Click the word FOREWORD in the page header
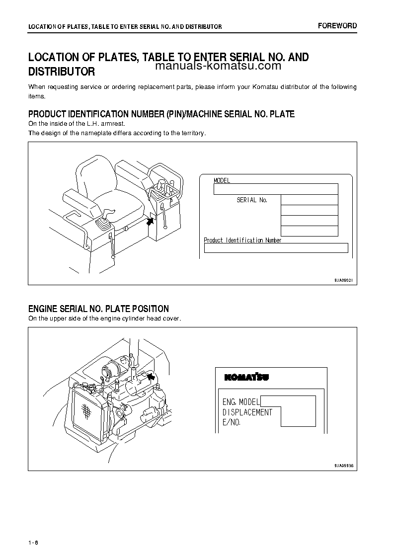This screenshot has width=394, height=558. pos(337,26)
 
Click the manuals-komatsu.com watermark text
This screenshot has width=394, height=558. pos(219,66)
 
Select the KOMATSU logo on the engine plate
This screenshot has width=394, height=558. pos(247,377)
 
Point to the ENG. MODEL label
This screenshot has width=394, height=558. pos(239,401)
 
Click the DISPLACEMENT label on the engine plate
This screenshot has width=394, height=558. pos(247,412)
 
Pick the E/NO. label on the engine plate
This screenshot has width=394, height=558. pos(232,422)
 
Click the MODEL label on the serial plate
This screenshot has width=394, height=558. pos(222,181)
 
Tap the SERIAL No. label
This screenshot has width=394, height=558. pos(252,200)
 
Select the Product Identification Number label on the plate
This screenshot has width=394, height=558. pos(242,240)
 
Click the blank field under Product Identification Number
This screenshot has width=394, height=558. pos(276,248)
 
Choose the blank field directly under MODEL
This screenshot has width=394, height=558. pos(276,189)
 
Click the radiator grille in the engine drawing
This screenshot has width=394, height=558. pos(86,410)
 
